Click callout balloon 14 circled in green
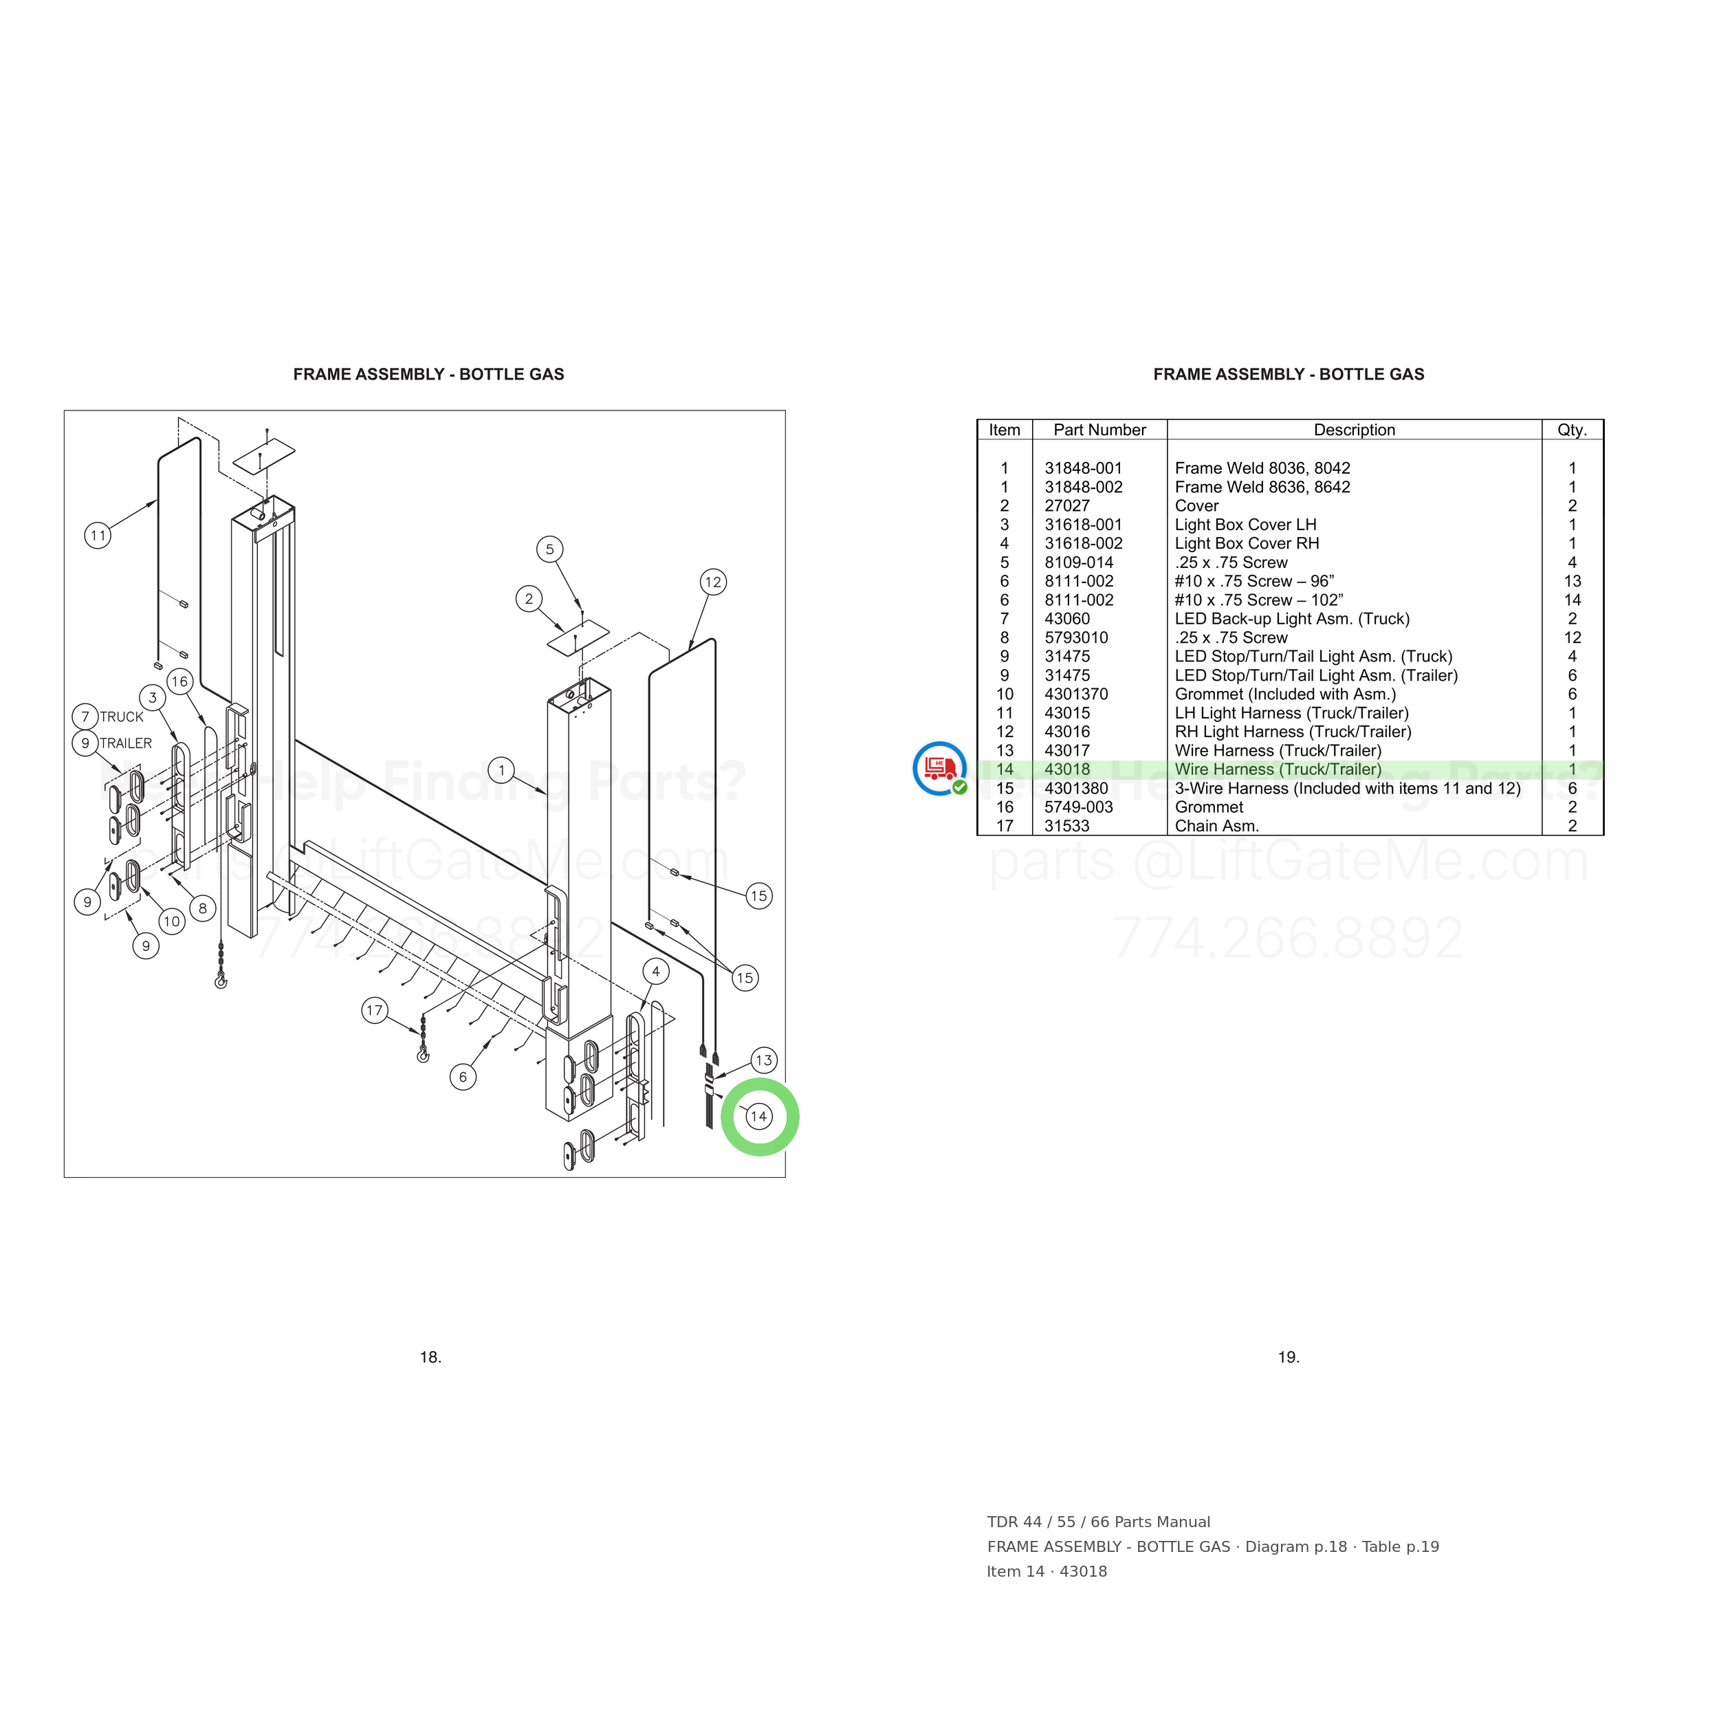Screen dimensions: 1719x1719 [759, 1117]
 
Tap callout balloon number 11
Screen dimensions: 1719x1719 [98, 536]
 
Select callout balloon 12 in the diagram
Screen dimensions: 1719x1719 [712, 582]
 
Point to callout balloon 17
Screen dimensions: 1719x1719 [375, 1010]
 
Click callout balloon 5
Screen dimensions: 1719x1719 [550, 549]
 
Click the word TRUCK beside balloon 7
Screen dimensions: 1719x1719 [122, 717]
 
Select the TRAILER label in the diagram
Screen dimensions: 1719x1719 [125, 743]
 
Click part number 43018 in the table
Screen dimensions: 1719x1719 [1067, 769]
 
